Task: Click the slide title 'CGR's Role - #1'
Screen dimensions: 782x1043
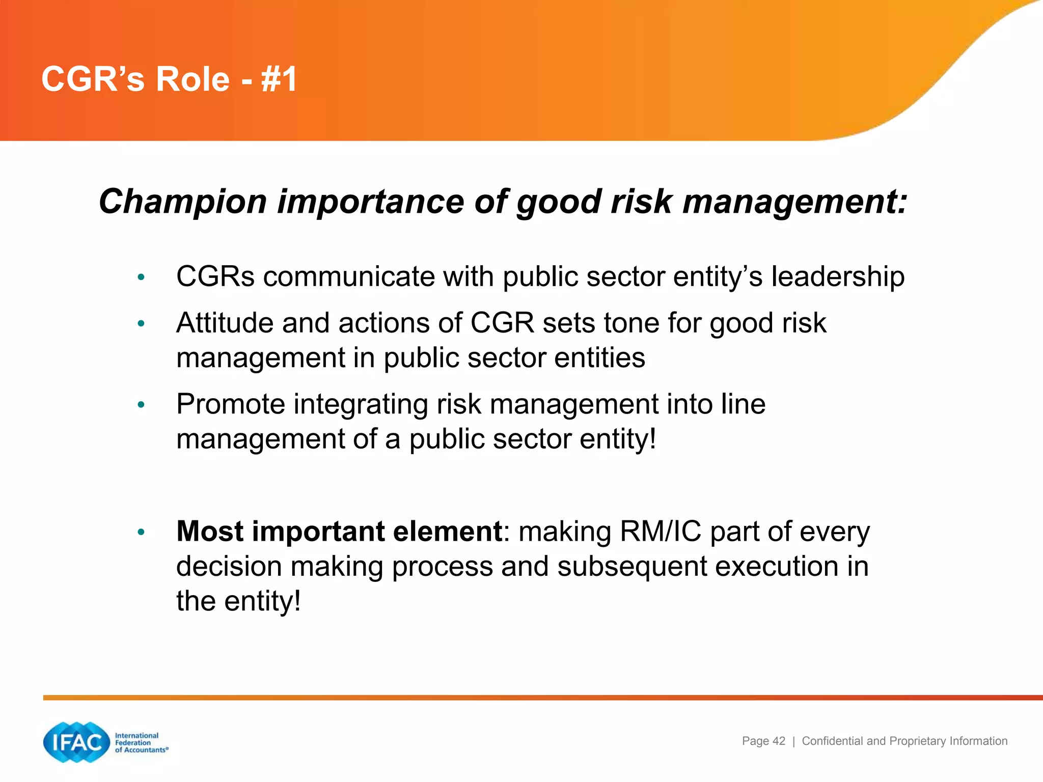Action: point(169,79)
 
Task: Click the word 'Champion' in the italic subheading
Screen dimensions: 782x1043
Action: point(182,201)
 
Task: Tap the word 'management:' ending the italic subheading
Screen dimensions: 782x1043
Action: point(794,202)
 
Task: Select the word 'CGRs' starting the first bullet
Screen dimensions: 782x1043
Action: point(215,277)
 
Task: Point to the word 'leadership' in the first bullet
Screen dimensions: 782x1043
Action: point(838,277)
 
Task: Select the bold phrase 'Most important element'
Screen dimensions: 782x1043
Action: point(339,531)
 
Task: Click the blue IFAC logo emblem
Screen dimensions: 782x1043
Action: point(77,742)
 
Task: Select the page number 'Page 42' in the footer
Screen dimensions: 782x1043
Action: point(763,741)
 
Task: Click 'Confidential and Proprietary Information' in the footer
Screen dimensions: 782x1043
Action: point(904,741)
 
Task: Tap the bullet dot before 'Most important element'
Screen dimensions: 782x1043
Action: point(141,533)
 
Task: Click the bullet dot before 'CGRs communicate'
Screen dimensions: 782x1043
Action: point(141,277)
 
